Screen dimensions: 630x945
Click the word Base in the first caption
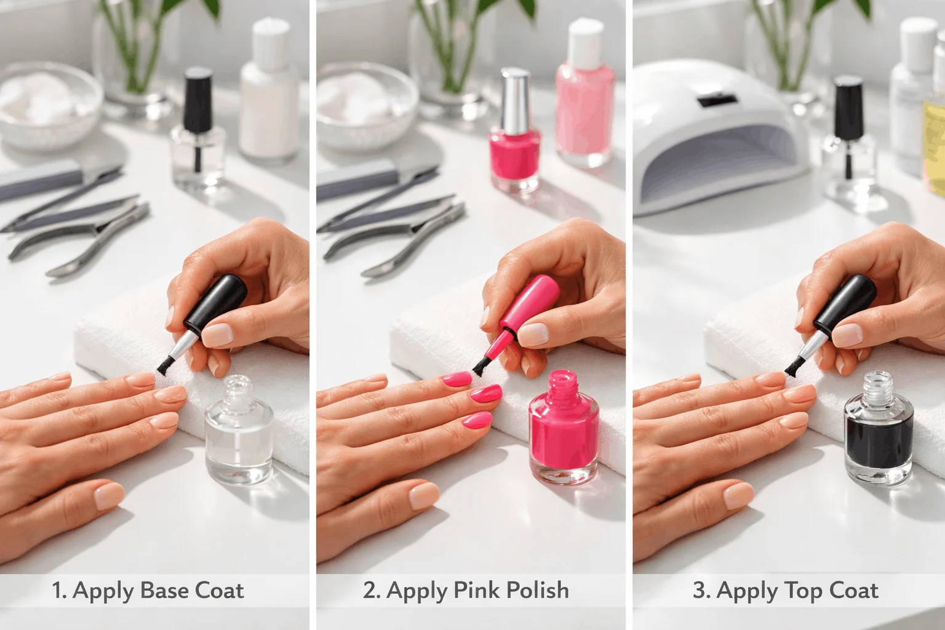coord(165,591)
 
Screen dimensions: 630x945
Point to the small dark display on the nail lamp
coord(716,98)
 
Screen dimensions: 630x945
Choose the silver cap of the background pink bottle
coord(516,95)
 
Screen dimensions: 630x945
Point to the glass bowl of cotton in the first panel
coord(49,111)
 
